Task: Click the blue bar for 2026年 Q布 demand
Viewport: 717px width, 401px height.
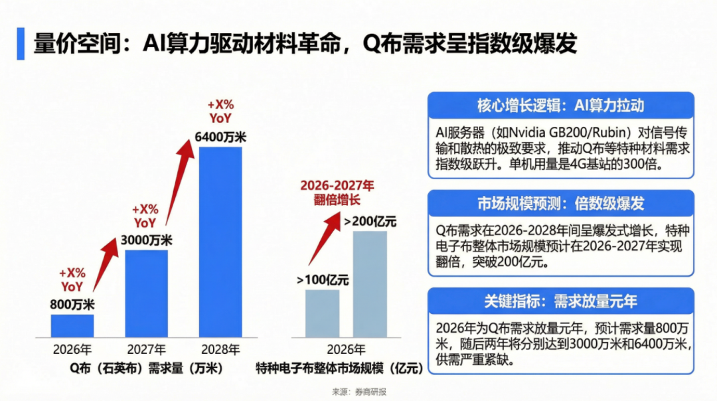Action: click(x=72, y=325)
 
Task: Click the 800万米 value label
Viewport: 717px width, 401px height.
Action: click(x=72, y=305)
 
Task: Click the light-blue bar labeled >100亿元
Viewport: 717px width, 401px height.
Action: click(x=322, y=313)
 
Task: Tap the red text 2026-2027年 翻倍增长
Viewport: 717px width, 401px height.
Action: click(x=337, y=192)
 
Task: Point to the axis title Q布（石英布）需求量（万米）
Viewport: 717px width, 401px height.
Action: click(x=145, y=367)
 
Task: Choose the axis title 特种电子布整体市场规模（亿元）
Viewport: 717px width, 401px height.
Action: click(x=339, y=367)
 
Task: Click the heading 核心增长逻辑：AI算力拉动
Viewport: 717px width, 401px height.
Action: click(x=560, y=106)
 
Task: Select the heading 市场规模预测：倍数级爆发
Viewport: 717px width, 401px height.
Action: click(x=560, y=203)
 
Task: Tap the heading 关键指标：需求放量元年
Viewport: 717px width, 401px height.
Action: click(x=560, y=301)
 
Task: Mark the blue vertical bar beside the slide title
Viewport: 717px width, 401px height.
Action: click(x=21, y=44)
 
